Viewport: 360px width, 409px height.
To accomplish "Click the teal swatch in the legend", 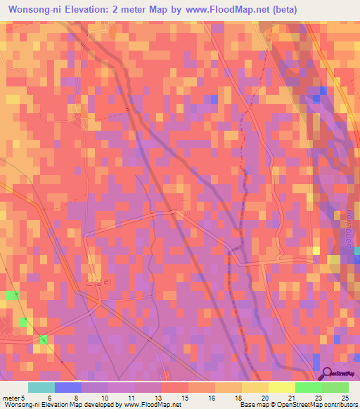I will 41,387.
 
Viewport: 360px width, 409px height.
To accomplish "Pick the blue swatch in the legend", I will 67,387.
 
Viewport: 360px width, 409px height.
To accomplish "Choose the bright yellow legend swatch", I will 281,387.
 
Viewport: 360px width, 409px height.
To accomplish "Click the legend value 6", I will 49,398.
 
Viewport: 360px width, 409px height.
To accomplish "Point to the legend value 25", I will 345,398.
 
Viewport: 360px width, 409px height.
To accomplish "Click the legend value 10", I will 103,398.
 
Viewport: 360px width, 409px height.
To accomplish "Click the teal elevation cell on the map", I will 356,251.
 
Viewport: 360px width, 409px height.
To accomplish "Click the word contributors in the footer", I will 340,405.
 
